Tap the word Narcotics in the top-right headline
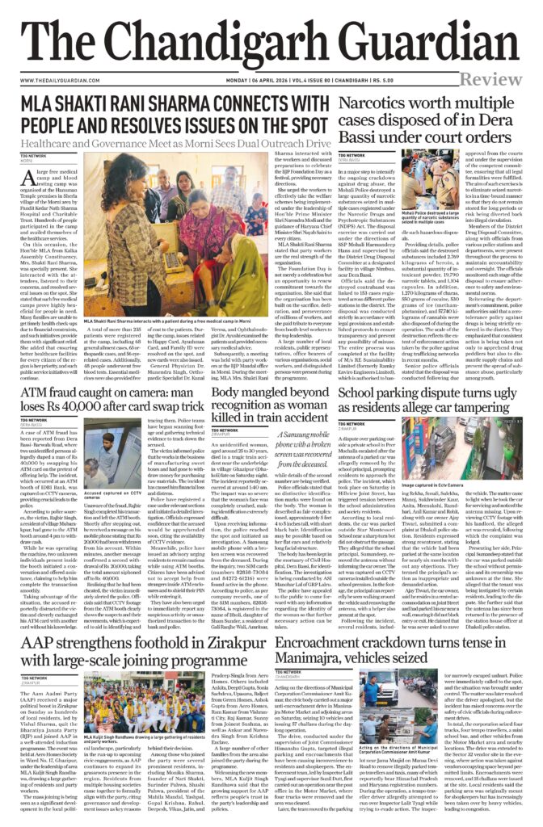pos(377,103)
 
